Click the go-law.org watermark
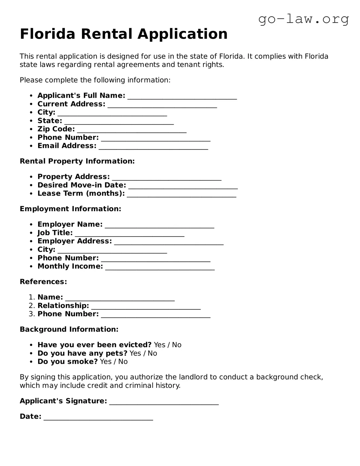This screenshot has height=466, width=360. click(x=303, y=19)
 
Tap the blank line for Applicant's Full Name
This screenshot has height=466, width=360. click(x=182, y=97)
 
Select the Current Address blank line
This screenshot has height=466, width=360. click(x=162, y=105)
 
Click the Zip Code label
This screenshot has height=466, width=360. click(x=56, y=129)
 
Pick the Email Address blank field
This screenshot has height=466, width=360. click(x=153, y=147)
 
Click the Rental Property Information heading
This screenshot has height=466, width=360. click(x=77, y=161)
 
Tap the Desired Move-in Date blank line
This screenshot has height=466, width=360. click(x=183, y=186)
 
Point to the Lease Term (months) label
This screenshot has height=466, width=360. click(x=81, y=193)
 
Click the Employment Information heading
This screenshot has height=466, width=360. click(x=70, y=209)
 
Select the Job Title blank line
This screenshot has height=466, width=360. click(x=130, y=234)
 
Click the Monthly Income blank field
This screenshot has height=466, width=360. click(x=160, y=267)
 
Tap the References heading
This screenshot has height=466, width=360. click(x=43, y=282)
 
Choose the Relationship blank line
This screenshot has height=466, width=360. click(x=146, y=306)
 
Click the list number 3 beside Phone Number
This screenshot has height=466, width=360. click(x=32, y=314)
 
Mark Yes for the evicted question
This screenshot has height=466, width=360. click(x=159, y=345)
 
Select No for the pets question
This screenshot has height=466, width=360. click(x=152, y=353)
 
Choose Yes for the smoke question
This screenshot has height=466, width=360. click(x=105, y=362)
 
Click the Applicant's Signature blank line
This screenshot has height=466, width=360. click(x=164, y=402)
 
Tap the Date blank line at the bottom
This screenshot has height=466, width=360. click(x=98, y=417)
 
